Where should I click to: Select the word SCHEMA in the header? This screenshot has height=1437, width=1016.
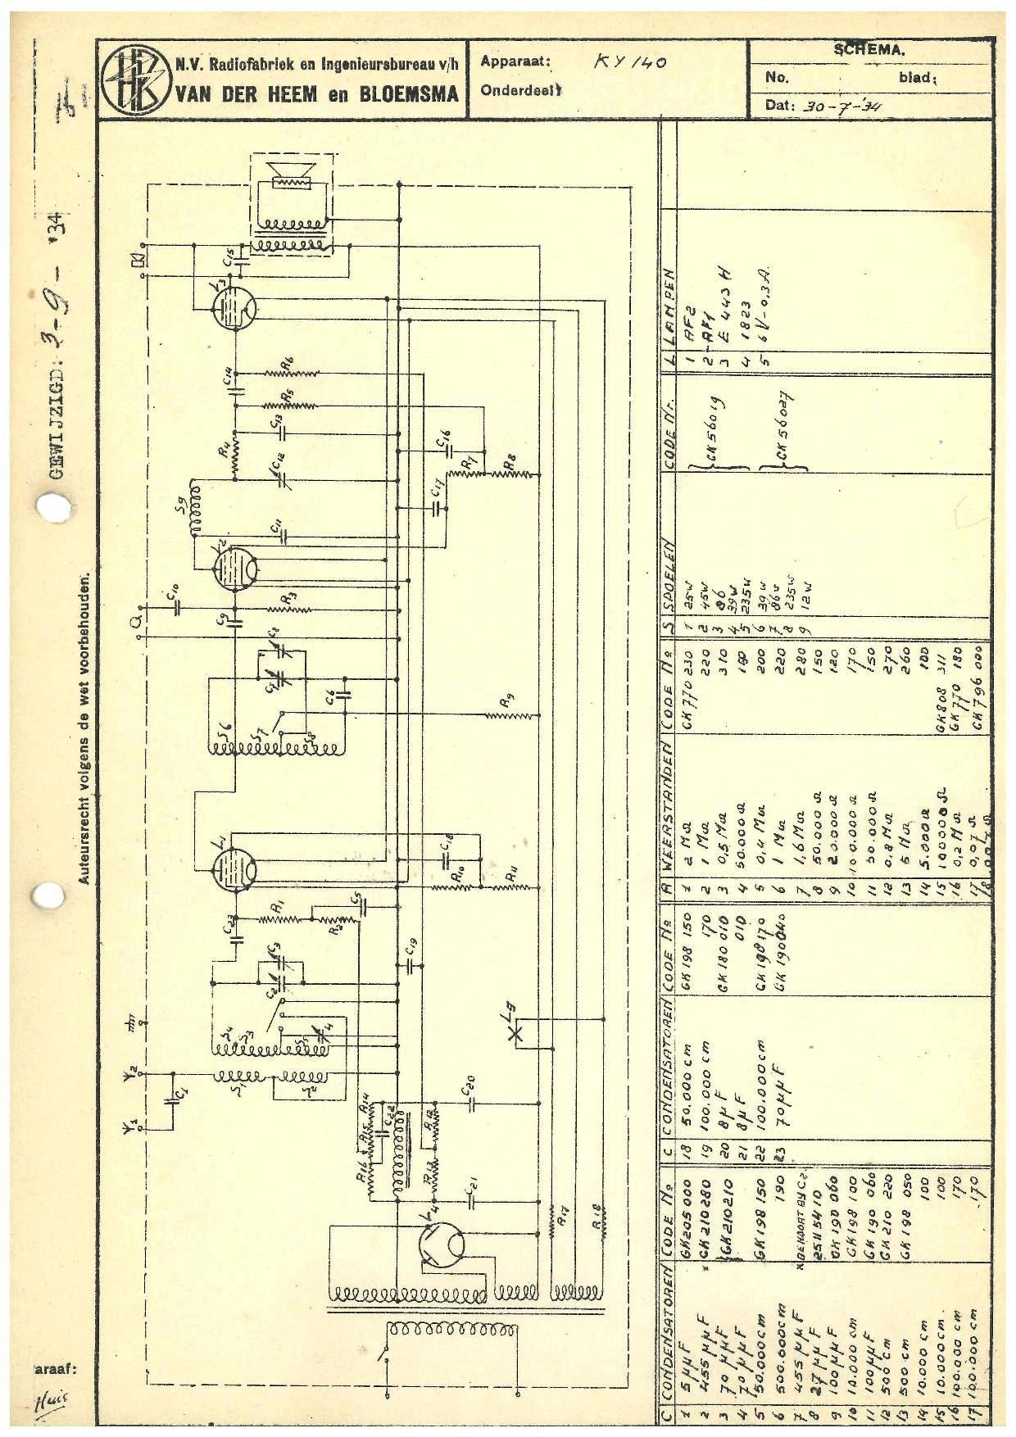point(869,49)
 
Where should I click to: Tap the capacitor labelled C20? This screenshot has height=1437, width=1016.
point(472,1103)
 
